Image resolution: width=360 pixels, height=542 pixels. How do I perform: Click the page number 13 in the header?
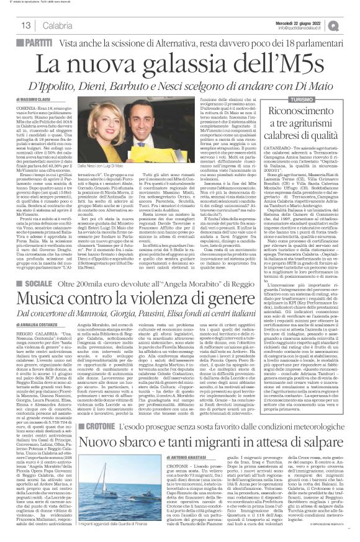tap(27, 25)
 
